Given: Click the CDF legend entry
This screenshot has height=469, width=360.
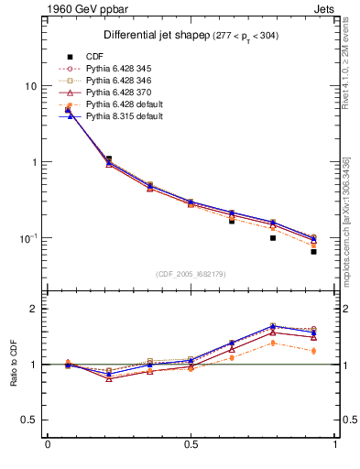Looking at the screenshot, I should coord(96,58).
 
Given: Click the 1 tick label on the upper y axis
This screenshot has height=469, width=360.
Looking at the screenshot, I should coord(33,162).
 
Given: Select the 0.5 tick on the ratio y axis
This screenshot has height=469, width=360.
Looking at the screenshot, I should coord(28,420).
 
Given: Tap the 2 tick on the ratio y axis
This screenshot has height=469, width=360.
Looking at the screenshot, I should coord(33,309).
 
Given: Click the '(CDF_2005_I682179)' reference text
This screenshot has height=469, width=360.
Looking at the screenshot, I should coord(191,274).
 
